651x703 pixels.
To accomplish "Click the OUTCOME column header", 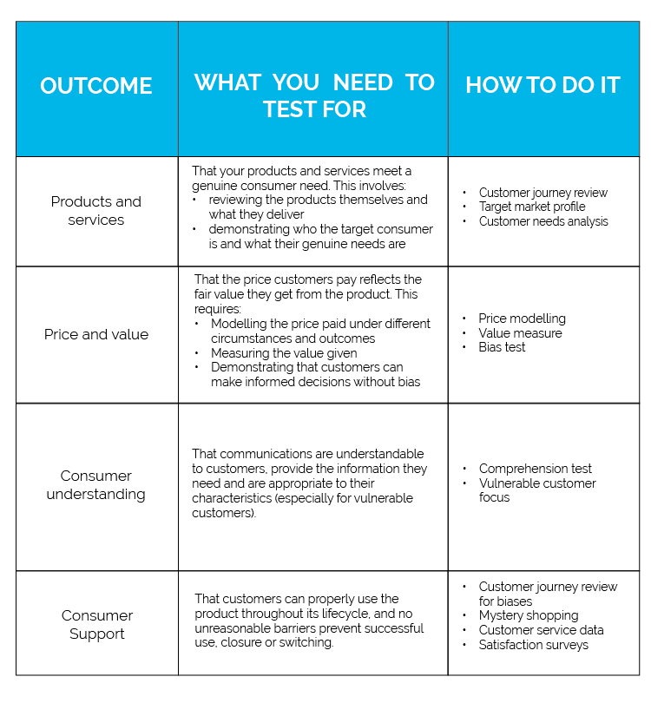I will point(96,86).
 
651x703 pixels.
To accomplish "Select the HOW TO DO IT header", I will point(542,85).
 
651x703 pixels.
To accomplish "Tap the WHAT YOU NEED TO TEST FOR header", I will point(313,95).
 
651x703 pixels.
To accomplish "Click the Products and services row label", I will point(96,210).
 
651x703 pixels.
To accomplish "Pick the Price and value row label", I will point(96,334).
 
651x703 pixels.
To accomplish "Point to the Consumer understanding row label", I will point(96,484).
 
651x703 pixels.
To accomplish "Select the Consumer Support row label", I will point(96,624).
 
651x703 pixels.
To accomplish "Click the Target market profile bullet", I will point(531,207).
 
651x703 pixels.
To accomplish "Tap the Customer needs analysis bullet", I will point(542,221).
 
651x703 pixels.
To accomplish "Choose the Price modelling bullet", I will point(522,319).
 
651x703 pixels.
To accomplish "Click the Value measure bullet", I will point(520,333).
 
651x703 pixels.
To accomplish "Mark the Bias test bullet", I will point(502,347).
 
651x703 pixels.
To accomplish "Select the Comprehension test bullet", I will point(535,469).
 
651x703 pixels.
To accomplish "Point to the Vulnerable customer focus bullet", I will point(536,489).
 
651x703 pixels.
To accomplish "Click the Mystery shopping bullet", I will point(528,615).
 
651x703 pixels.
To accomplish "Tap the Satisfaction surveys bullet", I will point(533,644).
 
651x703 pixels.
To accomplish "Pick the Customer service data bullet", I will point(541,630).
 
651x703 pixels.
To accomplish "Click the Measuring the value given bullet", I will point(283,353).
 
